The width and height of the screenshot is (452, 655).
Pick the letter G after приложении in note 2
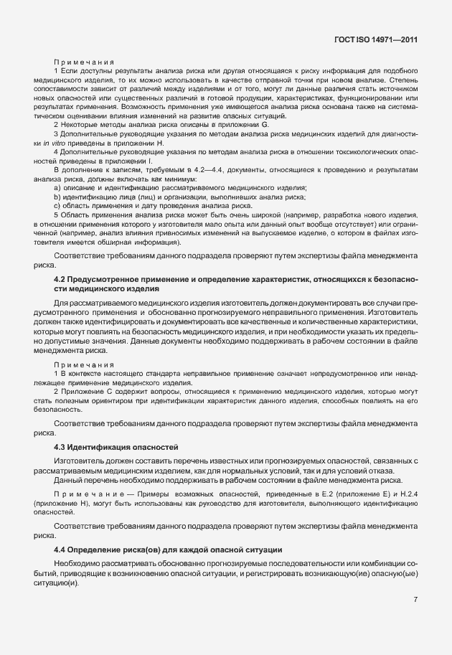(265, 125)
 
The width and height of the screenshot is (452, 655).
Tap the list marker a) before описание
(57, 187)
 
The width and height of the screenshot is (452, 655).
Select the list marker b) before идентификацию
(57, 196)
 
